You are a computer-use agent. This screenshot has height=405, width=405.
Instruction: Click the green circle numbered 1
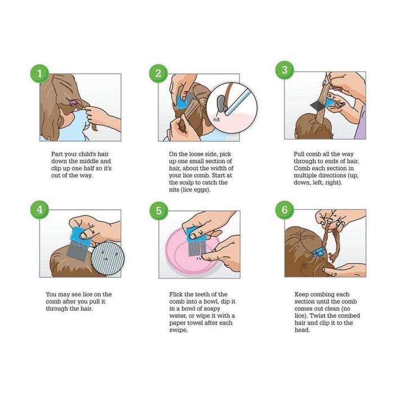39,74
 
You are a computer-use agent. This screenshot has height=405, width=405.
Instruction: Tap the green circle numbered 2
159,74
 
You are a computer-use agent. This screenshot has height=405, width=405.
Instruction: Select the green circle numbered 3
285,70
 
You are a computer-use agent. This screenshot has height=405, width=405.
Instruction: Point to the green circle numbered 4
39,209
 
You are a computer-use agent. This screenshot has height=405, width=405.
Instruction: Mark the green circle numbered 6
285,209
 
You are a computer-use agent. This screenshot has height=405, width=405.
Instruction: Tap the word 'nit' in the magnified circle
216,119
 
